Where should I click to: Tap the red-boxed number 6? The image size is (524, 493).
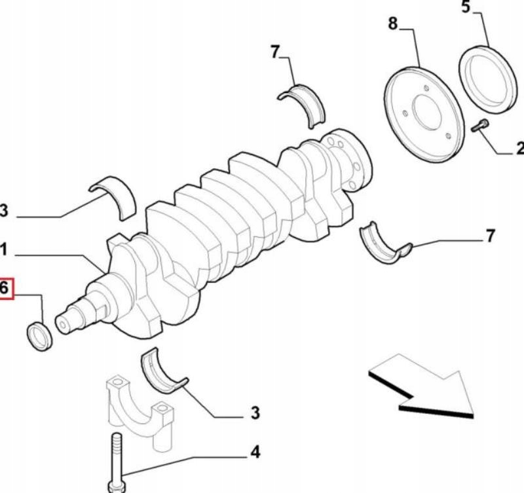(5, 288)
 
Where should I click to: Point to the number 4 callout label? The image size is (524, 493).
(254, 452)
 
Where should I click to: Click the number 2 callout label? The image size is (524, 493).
(519, 149)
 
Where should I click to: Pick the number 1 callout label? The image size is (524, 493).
(3, 249)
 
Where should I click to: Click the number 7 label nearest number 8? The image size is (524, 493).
(276, 52)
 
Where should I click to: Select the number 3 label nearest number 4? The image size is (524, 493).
(255, 413)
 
